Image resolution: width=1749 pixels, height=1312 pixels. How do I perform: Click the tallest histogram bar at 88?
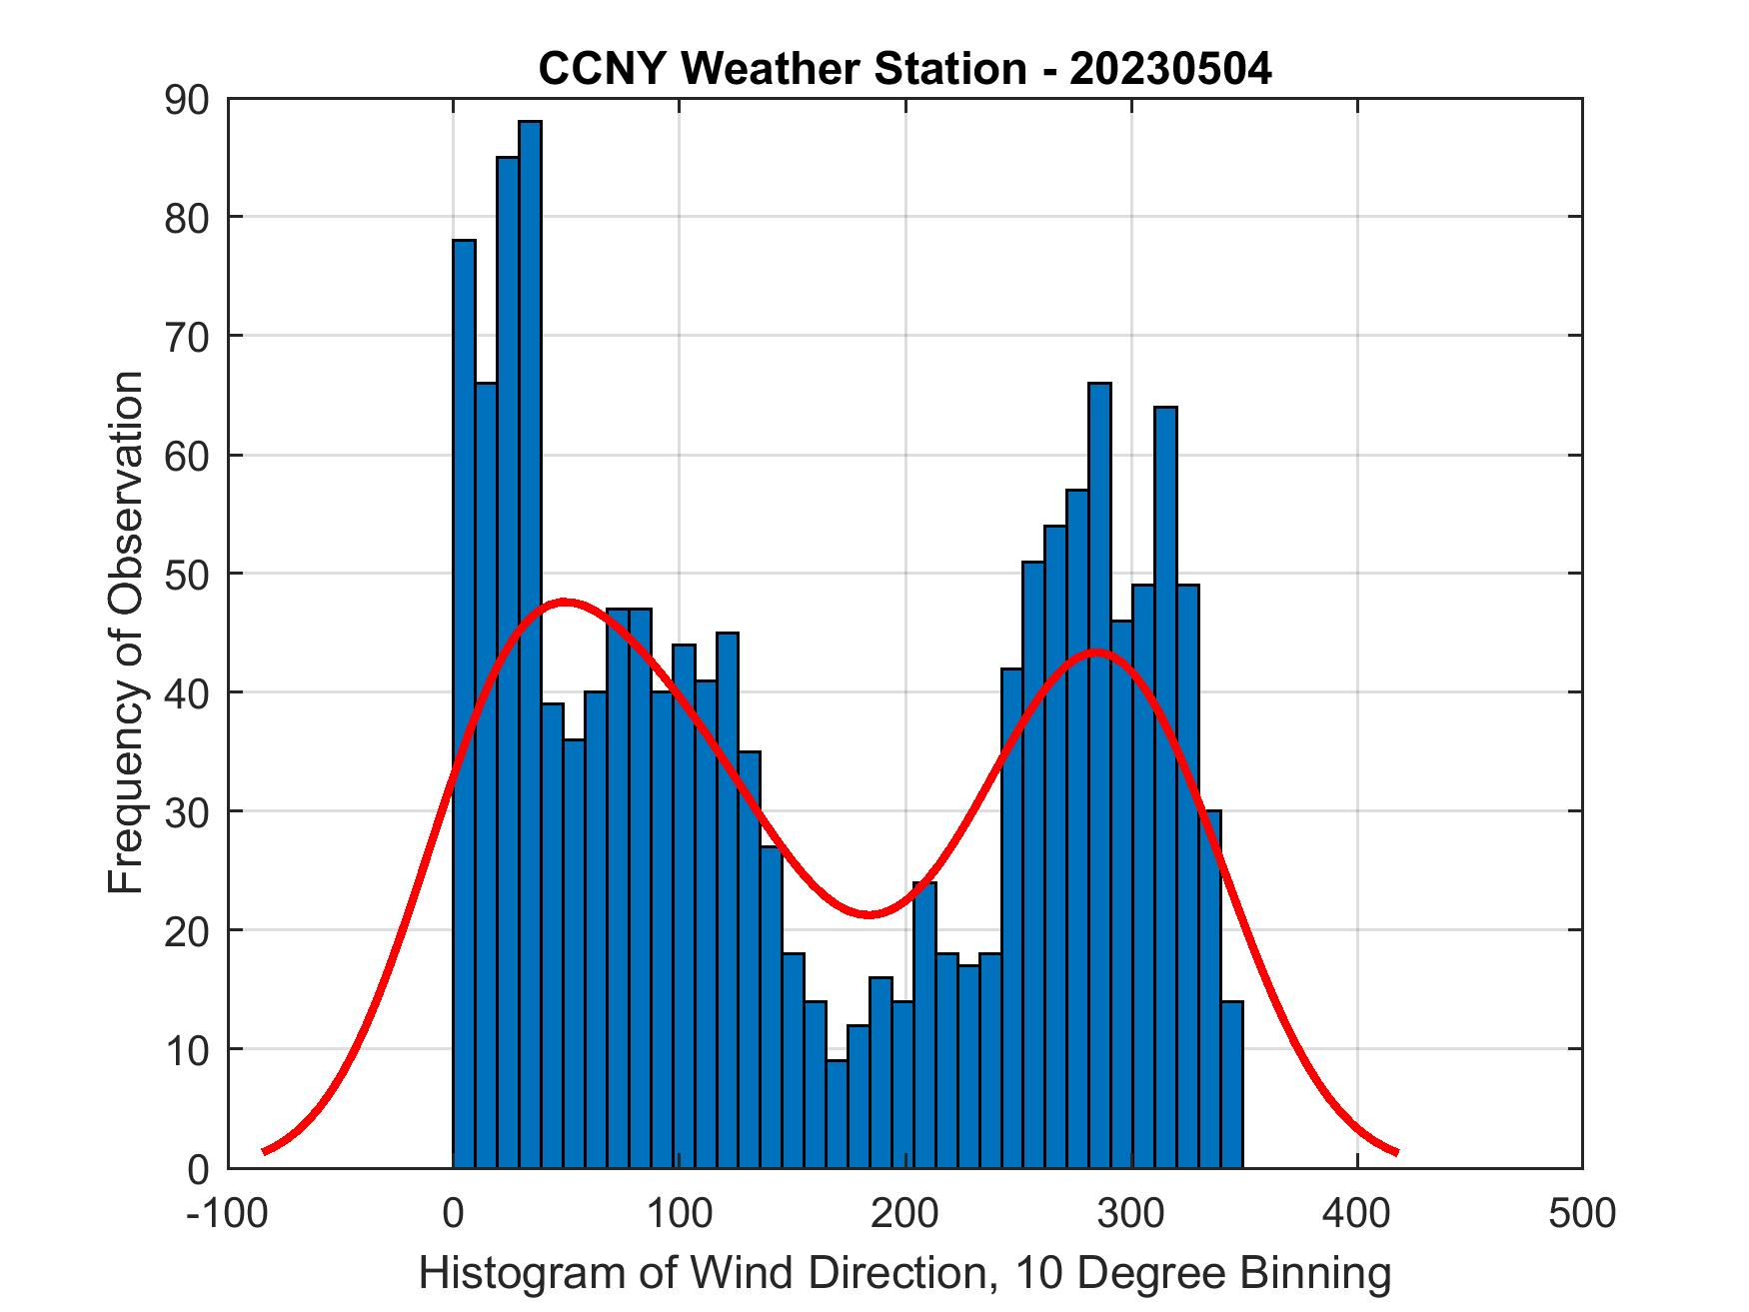point(530,640)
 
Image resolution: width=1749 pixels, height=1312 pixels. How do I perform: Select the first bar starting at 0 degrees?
point(464,699)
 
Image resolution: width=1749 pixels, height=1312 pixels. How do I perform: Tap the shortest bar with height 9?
point(837,1113)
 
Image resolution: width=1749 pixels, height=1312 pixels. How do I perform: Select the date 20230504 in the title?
point(1170,69)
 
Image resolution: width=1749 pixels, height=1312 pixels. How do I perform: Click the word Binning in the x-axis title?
point(1316,1274)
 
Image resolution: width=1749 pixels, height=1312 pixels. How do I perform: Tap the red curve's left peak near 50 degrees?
point(565,602)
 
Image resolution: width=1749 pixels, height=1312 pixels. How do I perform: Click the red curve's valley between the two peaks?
point(868,913)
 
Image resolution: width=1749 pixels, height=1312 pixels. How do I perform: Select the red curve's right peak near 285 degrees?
point(1096,652)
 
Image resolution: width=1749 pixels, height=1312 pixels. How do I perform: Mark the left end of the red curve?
point(265,1151)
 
